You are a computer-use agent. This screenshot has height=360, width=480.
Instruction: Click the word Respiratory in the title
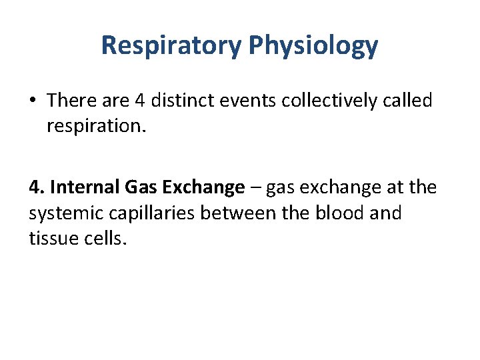[x=171, y=45]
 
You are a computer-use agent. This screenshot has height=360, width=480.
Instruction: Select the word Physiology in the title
[x=313, y=45]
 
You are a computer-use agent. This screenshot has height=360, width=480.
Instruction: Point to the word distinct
[x=187, y=101]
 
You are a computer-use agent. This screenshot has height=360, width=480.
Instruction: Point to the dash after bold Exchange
[x=255, y=189]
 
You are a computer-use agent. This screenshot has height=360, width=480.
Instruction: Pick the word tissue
[x=52, y=237]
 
